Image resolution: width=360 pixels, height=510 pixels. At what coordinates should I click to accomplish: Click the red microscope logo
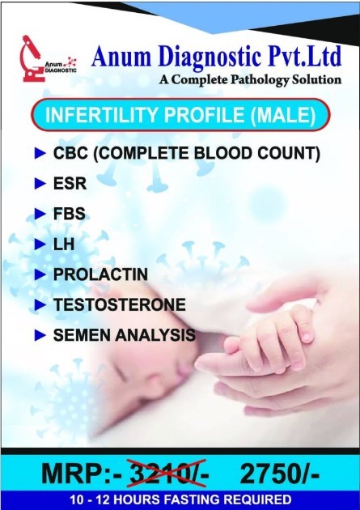pyautogui.click(x=33, y=59)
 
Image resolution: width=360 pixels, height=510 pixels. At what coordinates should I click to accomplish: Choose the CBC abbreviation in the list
pyautogui.click(x=70, y=153)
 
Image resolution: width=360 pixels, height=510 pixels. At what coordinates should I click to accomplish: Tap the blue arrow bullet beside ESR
pyautogui.click(x=40, y=184)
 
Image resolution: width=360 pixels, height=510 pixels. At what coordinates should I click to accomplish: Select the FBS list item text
pyautogui.click(x=70, y=214)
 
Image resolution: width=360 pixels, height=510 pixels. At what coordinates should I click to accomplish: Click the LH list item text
pyautogui.click(x=64, y=244)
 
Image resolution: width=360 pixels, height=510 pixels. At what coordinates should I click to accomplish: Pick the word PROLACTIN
pyautogui.click(x=100, y=274)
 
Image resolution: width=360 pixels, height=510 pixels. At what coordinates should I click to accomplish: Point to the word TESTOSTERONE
pyautogui.click(x=120, y=304)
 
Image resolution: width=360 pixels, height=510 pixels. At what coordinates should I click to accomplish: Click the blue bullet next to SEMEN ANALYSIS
pyautogui.click(x=40, y=335)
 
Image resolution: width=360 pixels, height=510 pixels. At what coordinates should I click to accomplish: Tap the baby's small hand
pyautogui.click(x=273, y=338)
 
